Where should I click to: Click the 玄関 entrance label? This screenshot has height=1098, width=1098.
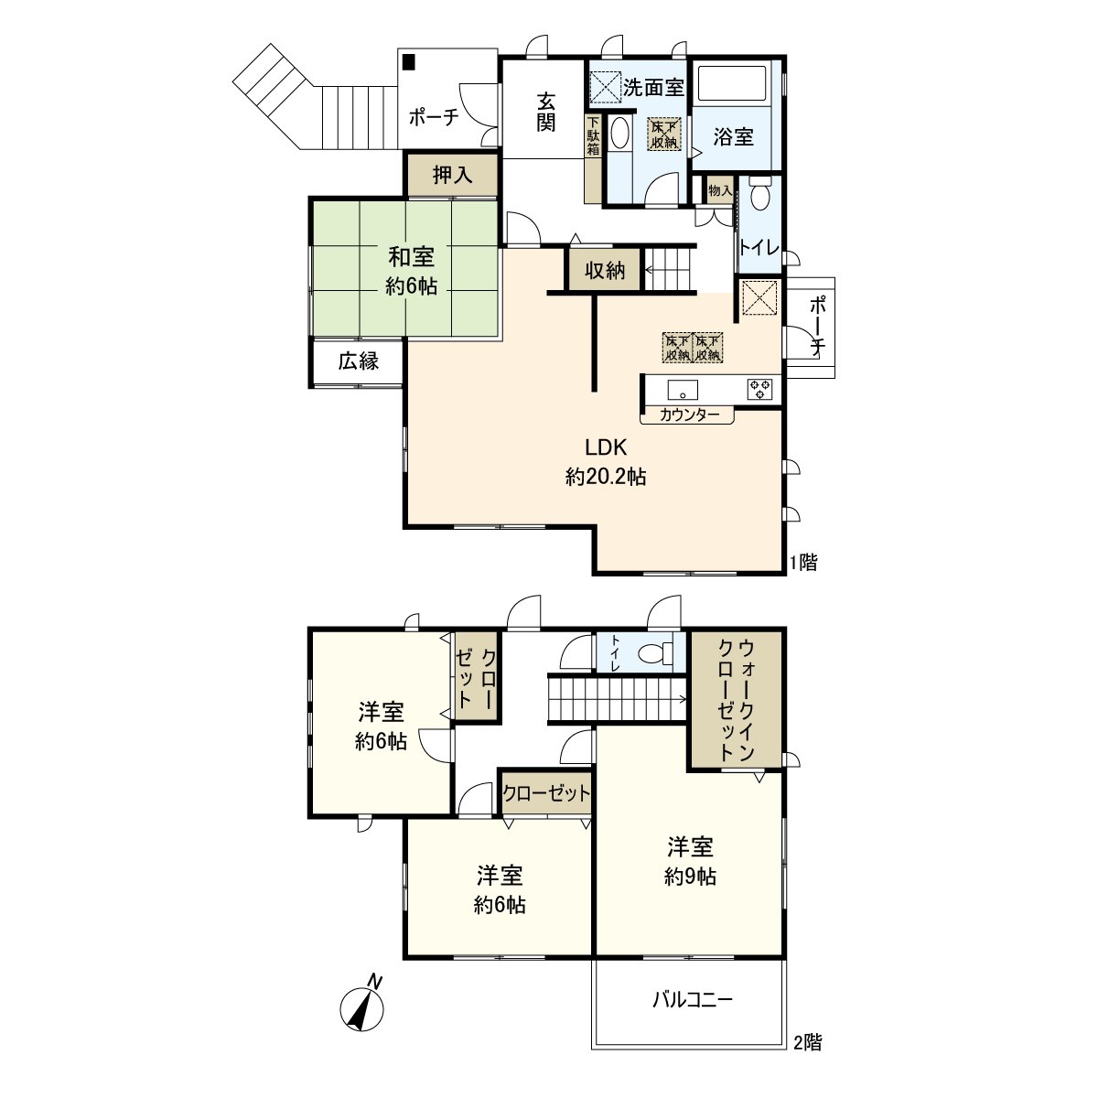coord(545,111)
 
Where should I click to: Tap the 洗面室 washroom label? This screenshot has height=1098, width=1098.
coord(654,88)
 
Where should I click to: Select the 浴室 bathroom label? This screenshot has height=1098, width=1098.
coord(733,137)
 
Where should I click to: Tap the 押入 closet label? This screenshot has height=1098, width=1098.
coord(452,175)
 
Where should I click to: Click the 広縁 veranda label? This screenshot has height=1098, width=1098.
coord(358,361)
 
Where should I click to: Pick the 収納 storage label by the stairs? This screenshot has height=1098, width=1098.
coord(605,271)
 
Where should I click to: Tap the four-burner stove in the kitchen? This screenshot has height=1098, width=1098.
coord(759,388)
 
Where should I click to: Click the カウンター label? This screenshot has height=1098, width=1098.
coord(688,414)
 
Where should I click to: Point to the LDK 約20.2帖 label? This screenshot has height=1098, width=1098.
coord(606,461)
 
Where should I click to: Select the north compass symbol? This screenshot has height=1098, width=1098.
coord(363,1007)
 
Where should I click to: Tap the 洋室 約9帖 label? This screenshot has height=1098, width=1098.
coord(690,860)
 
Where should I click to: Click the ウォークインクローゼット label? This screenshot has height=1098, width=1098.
coord(735,701)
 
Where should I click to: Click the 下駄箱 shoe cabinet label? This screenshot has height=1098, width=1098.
coord(593,137)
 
